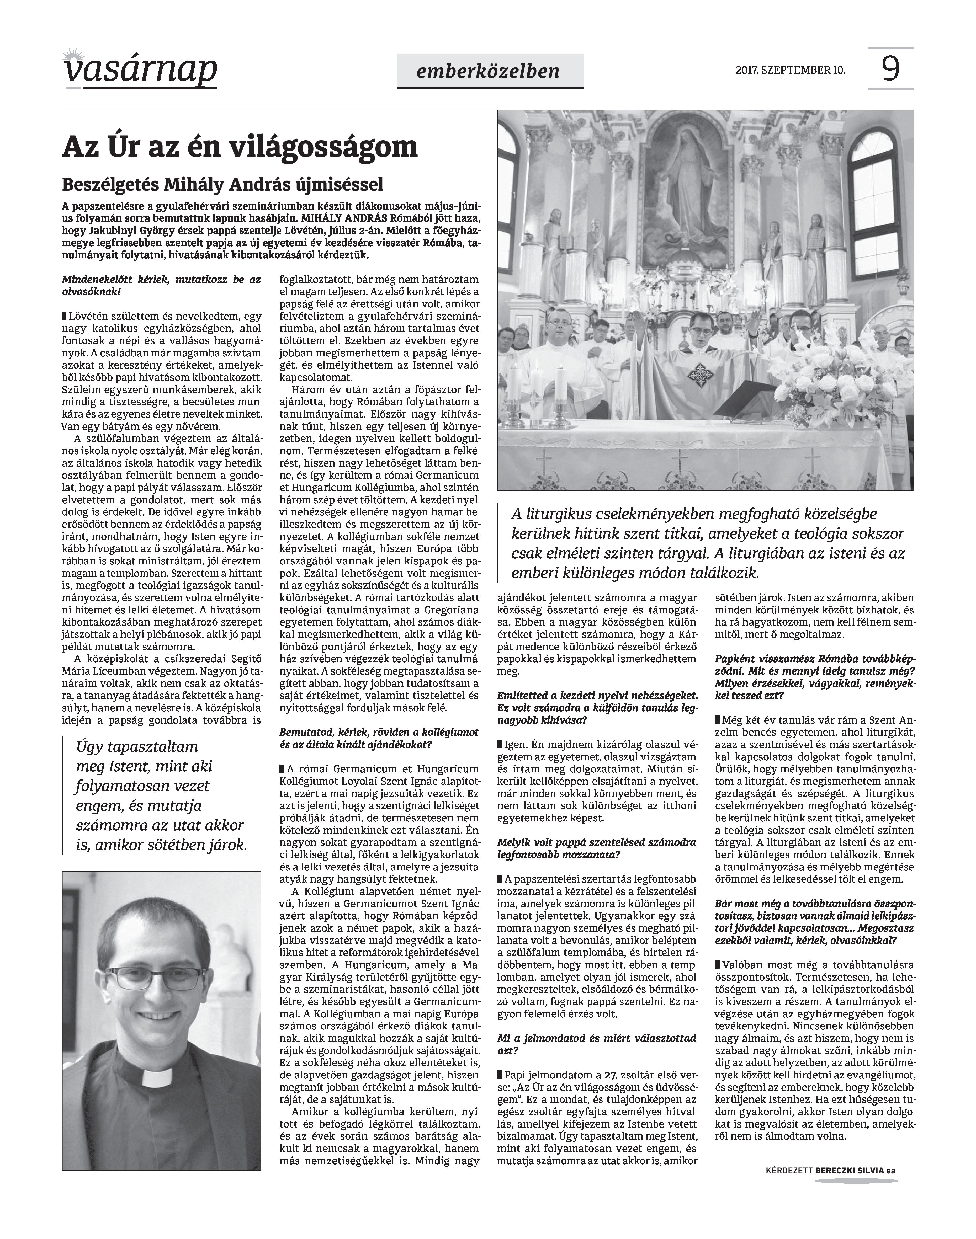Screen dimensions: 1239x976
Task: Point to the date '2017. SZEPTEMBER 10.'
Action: point(790,71)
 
